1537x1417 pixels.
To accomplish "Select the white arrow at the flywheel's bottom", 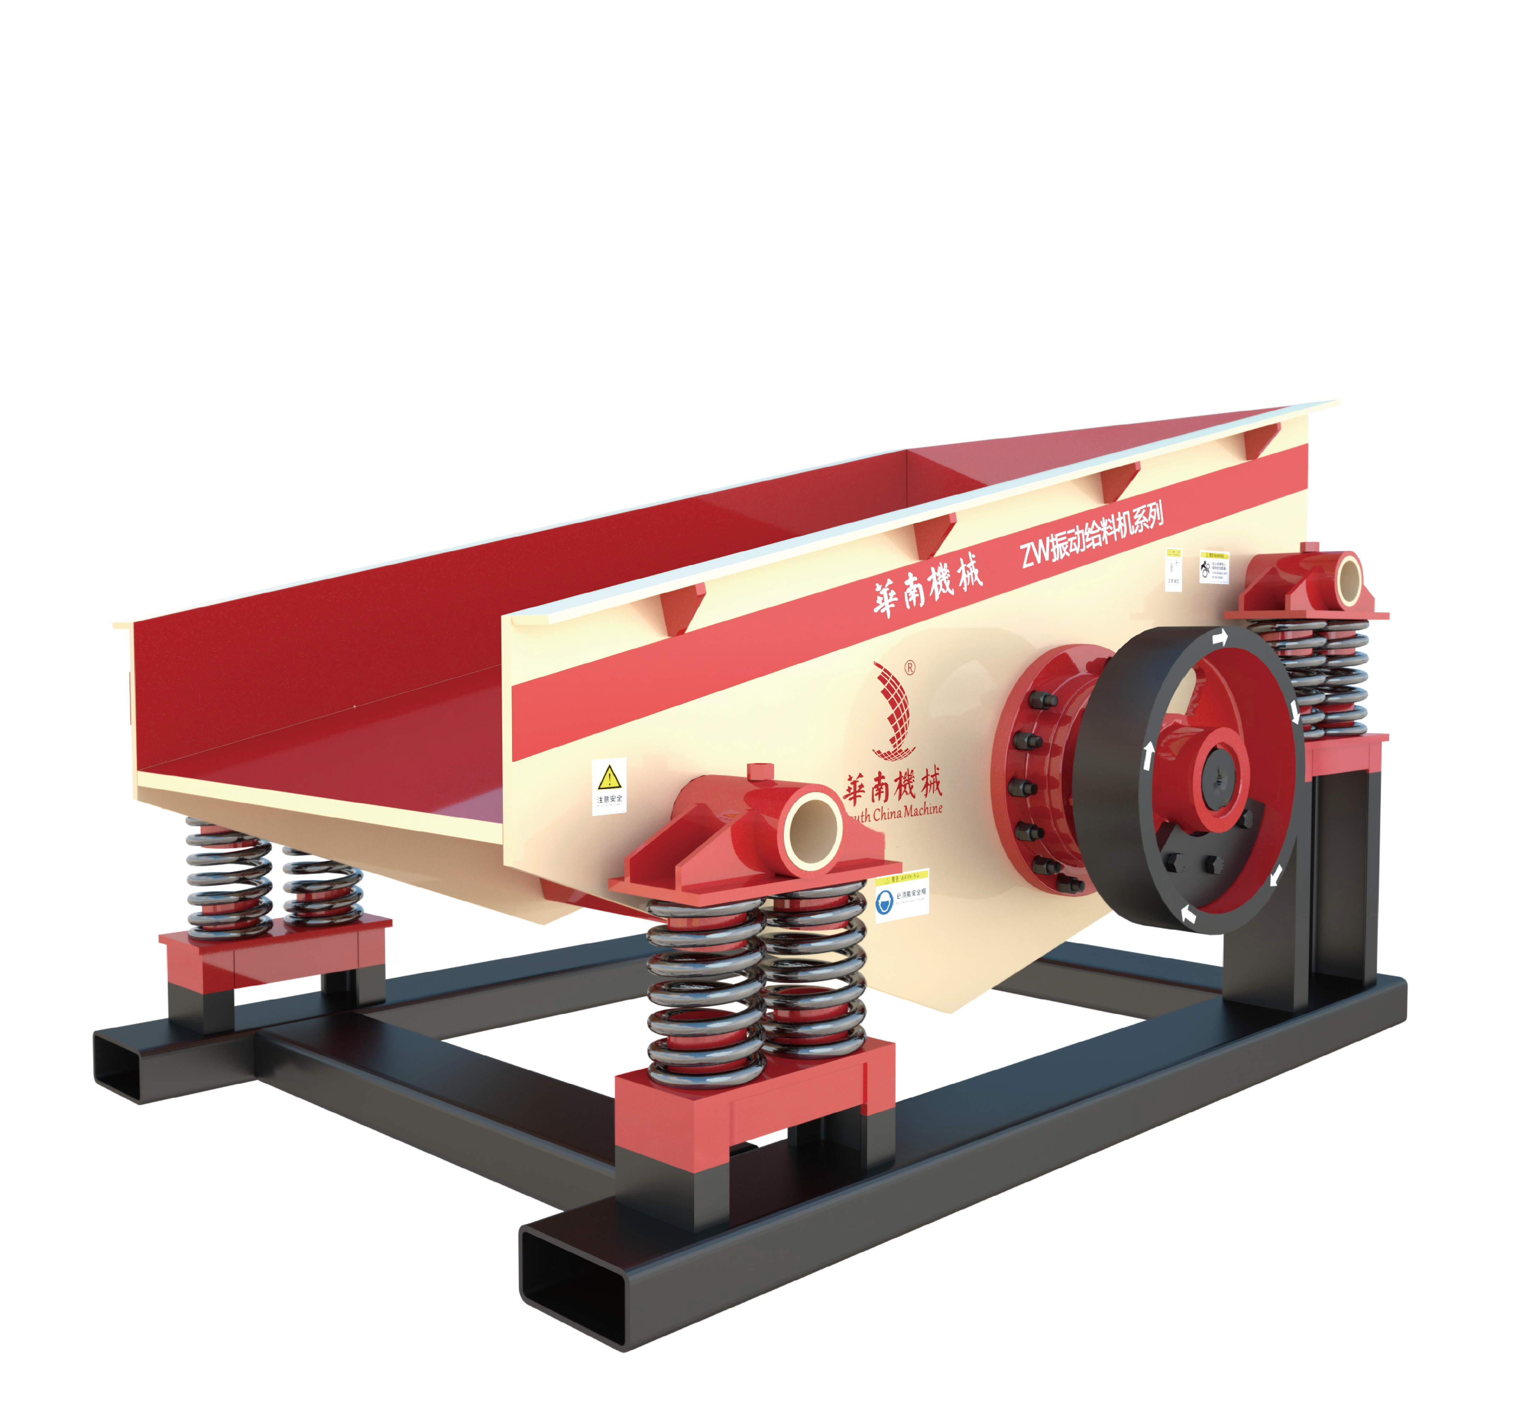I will click(x=1188, y=914).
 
